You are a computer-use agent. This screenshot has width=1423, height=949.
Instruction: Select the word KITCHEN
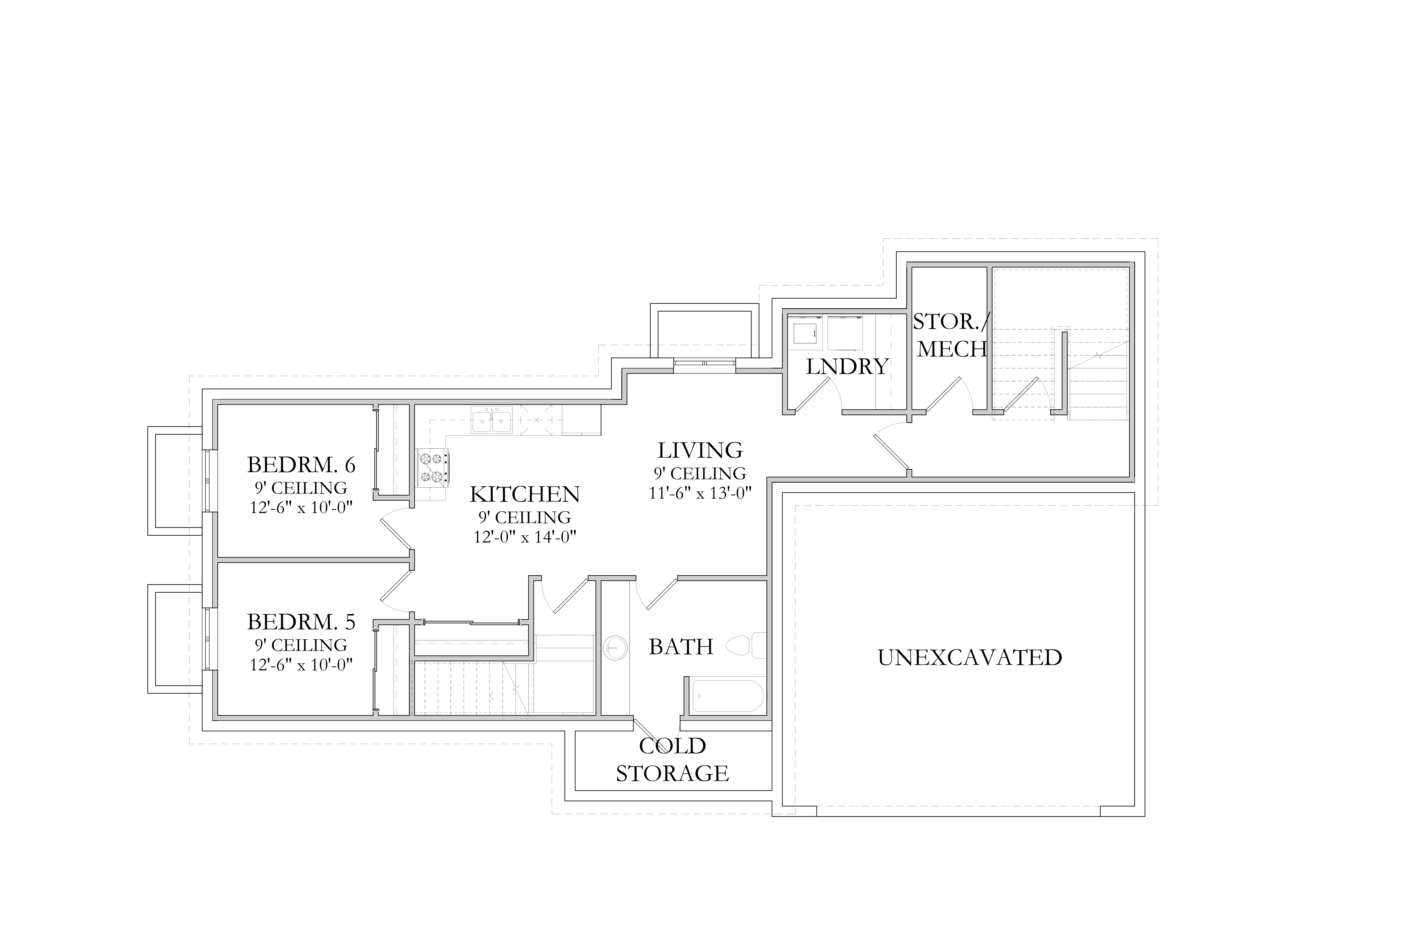point(525,494)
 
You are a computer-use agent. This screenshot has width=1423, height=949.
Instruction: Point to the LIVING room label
point(700,450)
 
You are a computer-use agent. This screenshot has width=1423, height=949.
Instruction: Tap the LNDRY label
point(847,367)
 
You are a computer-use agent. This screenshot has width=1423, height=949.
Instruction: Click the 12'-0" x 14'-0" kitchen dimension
point(525,537)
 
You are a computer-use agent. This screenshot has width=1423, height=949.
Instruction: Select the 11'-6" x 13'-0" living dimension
point(700,493)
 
